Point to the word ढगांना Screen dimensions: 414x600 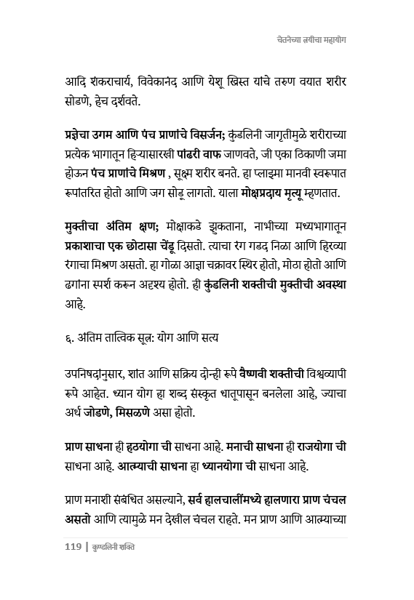(x=82, y=286)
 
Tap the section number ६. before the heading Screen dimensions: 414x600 (x=69, y=338)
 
